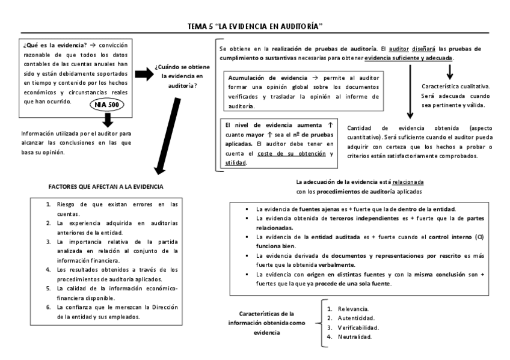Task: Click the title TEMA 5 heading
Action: click(255, 26)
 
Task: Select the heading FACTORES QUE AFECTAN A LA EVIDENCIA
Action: click(106, 187)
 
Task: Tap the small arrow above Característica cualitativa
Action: click(450, 73)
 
